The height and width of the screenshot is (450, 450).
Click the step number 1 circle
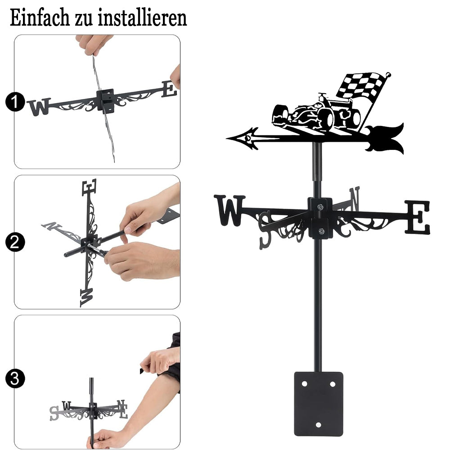(x=15, y=102)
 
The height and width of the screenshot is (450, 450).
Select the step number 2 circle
(x=15, y=242)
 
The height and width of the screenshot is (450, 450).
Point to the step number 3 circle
(x=15, y=378)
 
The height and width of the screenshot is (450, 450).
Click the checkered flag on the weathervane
(x=362, y=85)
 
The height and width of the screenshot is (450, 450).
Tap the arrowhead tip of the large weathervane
(x=227, y=139)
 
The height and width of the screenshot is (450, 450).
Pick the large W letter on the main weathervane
(x=229, y=210)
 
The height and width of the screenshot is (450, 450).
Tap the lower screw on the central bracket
(x=321, y=231)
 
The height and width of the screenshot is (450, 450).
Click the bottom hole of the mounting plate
(x=318, y=425)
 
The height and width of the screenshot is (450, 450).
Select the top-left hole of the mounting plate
(x=304, y=384)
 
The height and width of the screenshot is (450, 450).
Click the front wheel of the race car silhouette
(x=327, y=120)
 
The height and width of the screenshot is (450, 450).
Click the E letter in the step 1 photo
(x=169, y=89)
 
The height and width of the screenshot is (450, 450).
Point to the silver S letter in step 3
(x=54, y=413)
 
